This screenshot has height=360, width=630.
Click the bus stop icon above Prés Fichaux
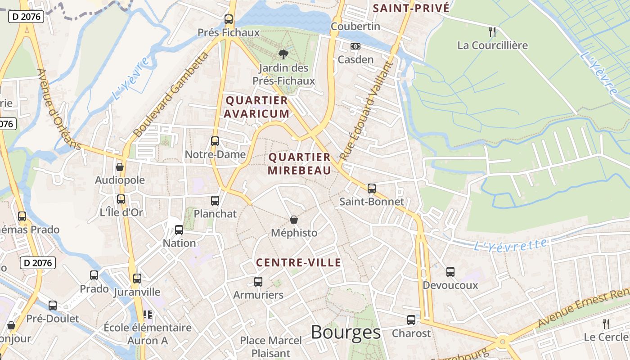pyautogui.click(x=229, y=19)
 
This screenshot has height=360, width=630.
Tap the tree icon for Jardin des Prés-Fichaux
pyautogui.click(x=283, y=54)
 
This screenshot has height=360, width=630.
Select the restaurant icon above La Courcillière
pyautogui.click(x=492, y=31)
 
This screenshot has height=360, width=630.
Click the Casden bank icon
pyautogui.click(x=355, y=46)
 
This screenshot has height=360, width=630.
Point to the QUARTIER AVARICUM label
pyautogui.click(x=256, y=107)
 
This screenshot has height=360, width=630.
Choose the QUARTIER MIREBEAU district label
pyautogui.click(x=299, y=164)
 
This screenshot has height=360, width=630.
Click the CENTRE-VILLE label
pyautogui.click(x=298, y=263)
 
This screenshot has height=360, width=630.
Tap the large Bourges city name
pyautogui.click(x=346, y=333)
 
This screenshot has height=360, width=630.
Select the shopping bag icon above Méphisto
pyautogui.click(x=294, y=220)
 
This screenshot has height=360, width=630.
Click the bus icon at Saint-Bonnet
pyautogui.click(x=371, y=188)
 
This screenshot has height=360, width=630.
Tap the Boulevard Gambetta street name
pyautogui.click(x=171, y=95)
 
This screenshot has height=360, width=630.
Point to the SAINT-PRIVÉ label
pyautogui.click(x=411, y=8)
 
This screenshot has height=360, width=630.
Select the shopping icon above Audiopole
pyautogui.click(x=120, y=167)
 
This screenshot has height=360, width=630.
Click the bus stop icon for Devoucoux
pyautogui.click(x=450, y=271)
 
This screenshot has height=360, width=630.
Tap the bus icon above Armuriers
pyautogui.click(x=258, y=281)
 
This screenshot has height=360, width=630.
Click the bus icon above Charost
pyautogui.click(x=411, y=319)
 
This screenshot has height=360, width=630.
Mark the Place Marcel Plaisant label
pyautogui.click(x=270, y=346)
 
